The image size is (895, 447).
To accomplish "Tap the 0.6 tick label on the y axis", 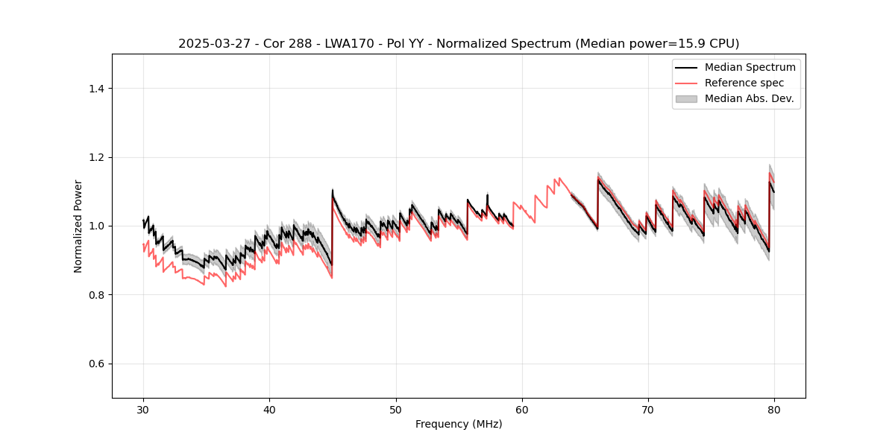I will coord(95,364).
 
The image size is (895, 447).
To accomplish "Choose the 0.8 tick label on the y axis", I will coord(95,295).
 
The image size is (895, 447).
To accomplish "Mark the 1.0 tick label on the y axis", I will coord(95,226).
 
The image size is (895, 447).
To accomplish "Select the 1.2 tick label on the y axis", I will coord(95,157).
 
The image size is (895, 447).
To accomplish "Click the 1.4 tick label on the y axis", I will coord(95,89).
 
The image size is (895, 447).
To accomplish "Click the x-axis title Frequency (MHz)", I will coord(459,424).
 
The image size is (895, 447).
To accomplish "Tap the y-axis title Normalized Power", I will coord(78,226).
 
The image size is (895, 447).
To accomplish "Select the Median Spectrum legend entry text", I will coord(750,67).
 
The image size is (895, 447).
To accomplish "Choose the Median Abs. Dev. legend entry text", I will coord(749,98).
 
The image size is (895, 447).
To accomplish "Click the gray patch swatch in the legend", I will coord(686,98).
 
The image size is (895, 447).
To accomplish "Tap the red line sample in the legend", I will coord(686,83).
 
